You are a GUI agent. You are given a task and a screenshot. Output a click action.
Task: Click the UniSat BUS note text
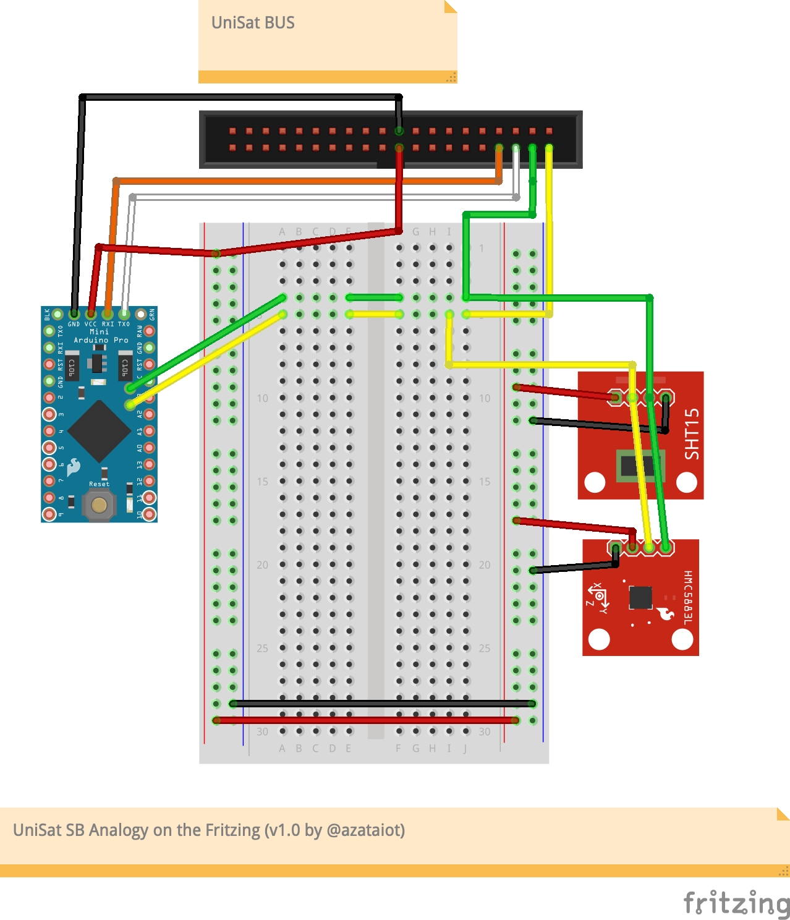[253, 23]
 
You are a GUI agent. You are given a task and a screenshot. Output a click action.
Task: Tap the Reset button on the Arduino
[99, 505]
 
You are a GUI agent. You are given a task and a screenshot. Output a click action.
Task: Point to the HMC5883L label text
[688, 597]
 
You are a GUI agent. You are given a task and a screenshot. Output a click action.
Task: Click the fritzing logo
[736, 903]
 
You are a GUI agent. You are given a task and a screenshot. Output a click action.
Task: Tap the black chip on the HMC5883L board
[640, 597]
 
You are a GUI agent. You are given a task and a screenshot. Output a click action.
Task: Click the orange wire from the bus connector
[309, 181]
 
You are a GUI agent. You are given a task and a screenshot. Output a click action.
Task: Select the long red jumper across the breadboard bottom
[367, 720]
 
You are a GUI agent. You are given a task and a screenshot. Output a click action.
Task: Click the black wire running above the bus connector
[241, 97]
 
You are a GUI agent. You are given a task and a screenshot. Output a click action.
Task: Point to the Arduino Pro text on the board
[101, 340]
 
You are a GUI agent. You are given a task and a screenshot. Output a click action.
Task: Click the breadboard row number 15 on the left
[263, 482]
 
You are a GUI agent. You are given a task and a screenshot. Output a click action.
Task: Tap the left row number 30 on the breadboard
[263, 732]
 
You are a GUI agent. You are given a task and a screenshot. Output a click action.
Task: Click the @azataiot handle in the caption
[365, 830]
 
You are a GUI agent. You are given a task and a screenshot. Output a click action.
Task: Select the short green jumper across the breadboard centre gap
[375, 297]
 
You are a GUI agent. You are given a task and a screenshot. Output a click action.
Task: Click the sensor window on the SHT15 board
[640, 466]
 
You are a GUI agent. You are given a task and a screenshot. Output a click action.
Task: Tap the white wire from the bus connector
[321, 197]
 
